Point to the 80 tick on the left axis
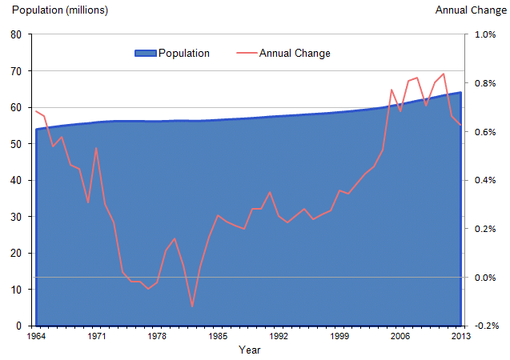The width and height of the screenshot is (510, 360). tap(16, 34)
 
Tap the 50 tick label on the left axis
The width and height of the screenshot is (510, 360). tap(16, 144)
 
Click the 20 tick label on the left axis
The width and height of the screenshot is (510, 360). tap(16, 254)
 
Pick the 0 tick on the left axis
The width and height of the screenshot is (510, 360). tap(18, 326)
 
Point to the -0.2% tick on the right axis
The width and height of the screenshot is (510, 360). tap(485, 326)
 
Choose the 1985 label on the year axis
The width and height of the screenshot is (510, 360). tap(217, 337)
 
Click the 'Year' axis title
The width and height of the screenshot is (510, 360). tap(249, 350)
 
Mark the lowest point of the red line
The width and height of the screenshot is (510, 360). tap(192, 306)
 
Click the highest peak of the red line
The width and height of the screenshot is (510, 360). tap(444, 74)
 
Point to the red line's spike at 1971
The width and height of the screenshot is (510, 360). tap(97, 148)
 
